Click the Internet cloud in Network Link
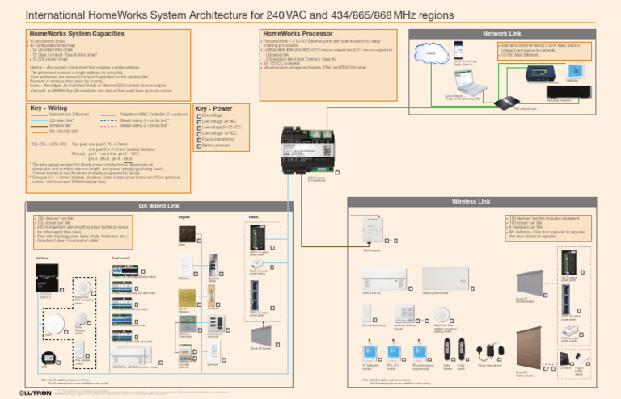(430, 54)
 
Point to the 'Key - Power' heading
(214, 107)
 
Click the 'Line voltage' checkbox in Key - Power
(200, 116)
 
